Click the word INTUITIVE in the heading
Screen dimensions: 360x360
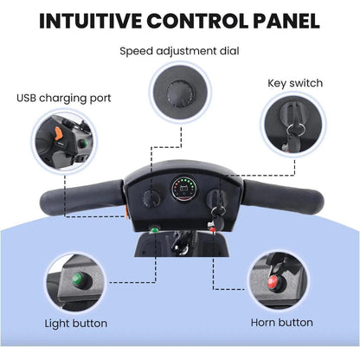point(90,21)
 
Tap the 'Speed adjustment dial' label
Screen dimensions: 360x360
point(179,51)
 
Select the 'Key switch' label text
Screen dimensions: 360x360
point(295,83)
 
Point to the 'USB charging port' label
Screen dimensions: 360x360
point(64,99)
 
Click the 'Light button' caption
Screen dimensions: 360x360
point(76,324)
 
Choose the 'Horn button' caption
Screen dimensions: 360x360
point(282,323)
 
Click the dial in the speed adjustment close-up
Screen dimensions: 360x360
point(181,93)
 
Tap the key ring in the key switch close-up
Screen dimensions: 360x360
point(295,129)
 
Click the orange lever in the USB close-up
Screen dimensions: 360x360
point(59,133)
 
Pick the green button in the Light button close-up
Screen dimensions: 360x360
point(78,279)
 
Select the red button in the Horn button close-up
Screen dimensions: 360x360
point(273,281)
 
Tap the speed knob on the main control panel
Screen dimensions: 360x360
point(151,198)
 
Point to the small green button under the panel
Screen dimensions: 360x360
point(154,229)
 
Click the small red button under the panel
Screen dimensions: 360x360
point(213,229)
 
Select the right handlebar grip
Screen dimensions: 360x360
point(284,196)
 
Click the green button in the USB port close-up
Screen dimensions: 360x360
point(83,143)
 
